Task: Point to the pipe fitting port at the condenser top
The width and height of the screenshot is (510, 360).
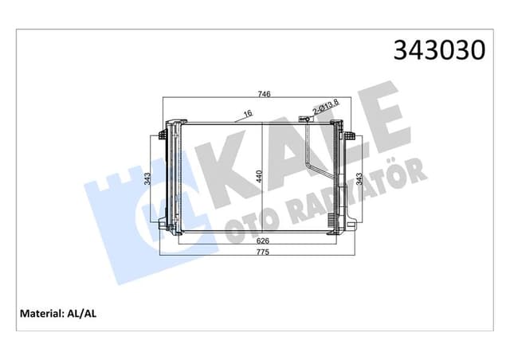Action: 304,119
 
